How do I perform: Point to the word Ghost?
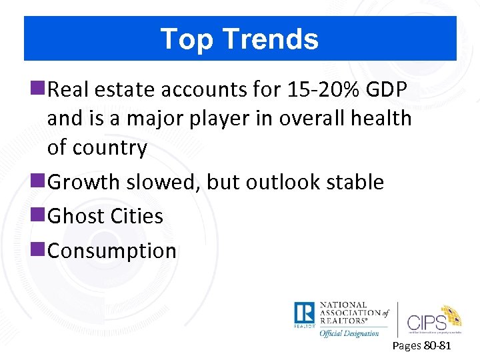77,216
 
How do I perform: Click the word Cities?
138,216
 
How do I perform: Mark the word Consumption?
112,251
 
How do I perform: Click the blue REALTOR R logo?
304,313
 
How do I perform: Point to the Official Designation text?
349,333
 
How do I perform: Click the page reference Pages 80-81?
421,346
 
